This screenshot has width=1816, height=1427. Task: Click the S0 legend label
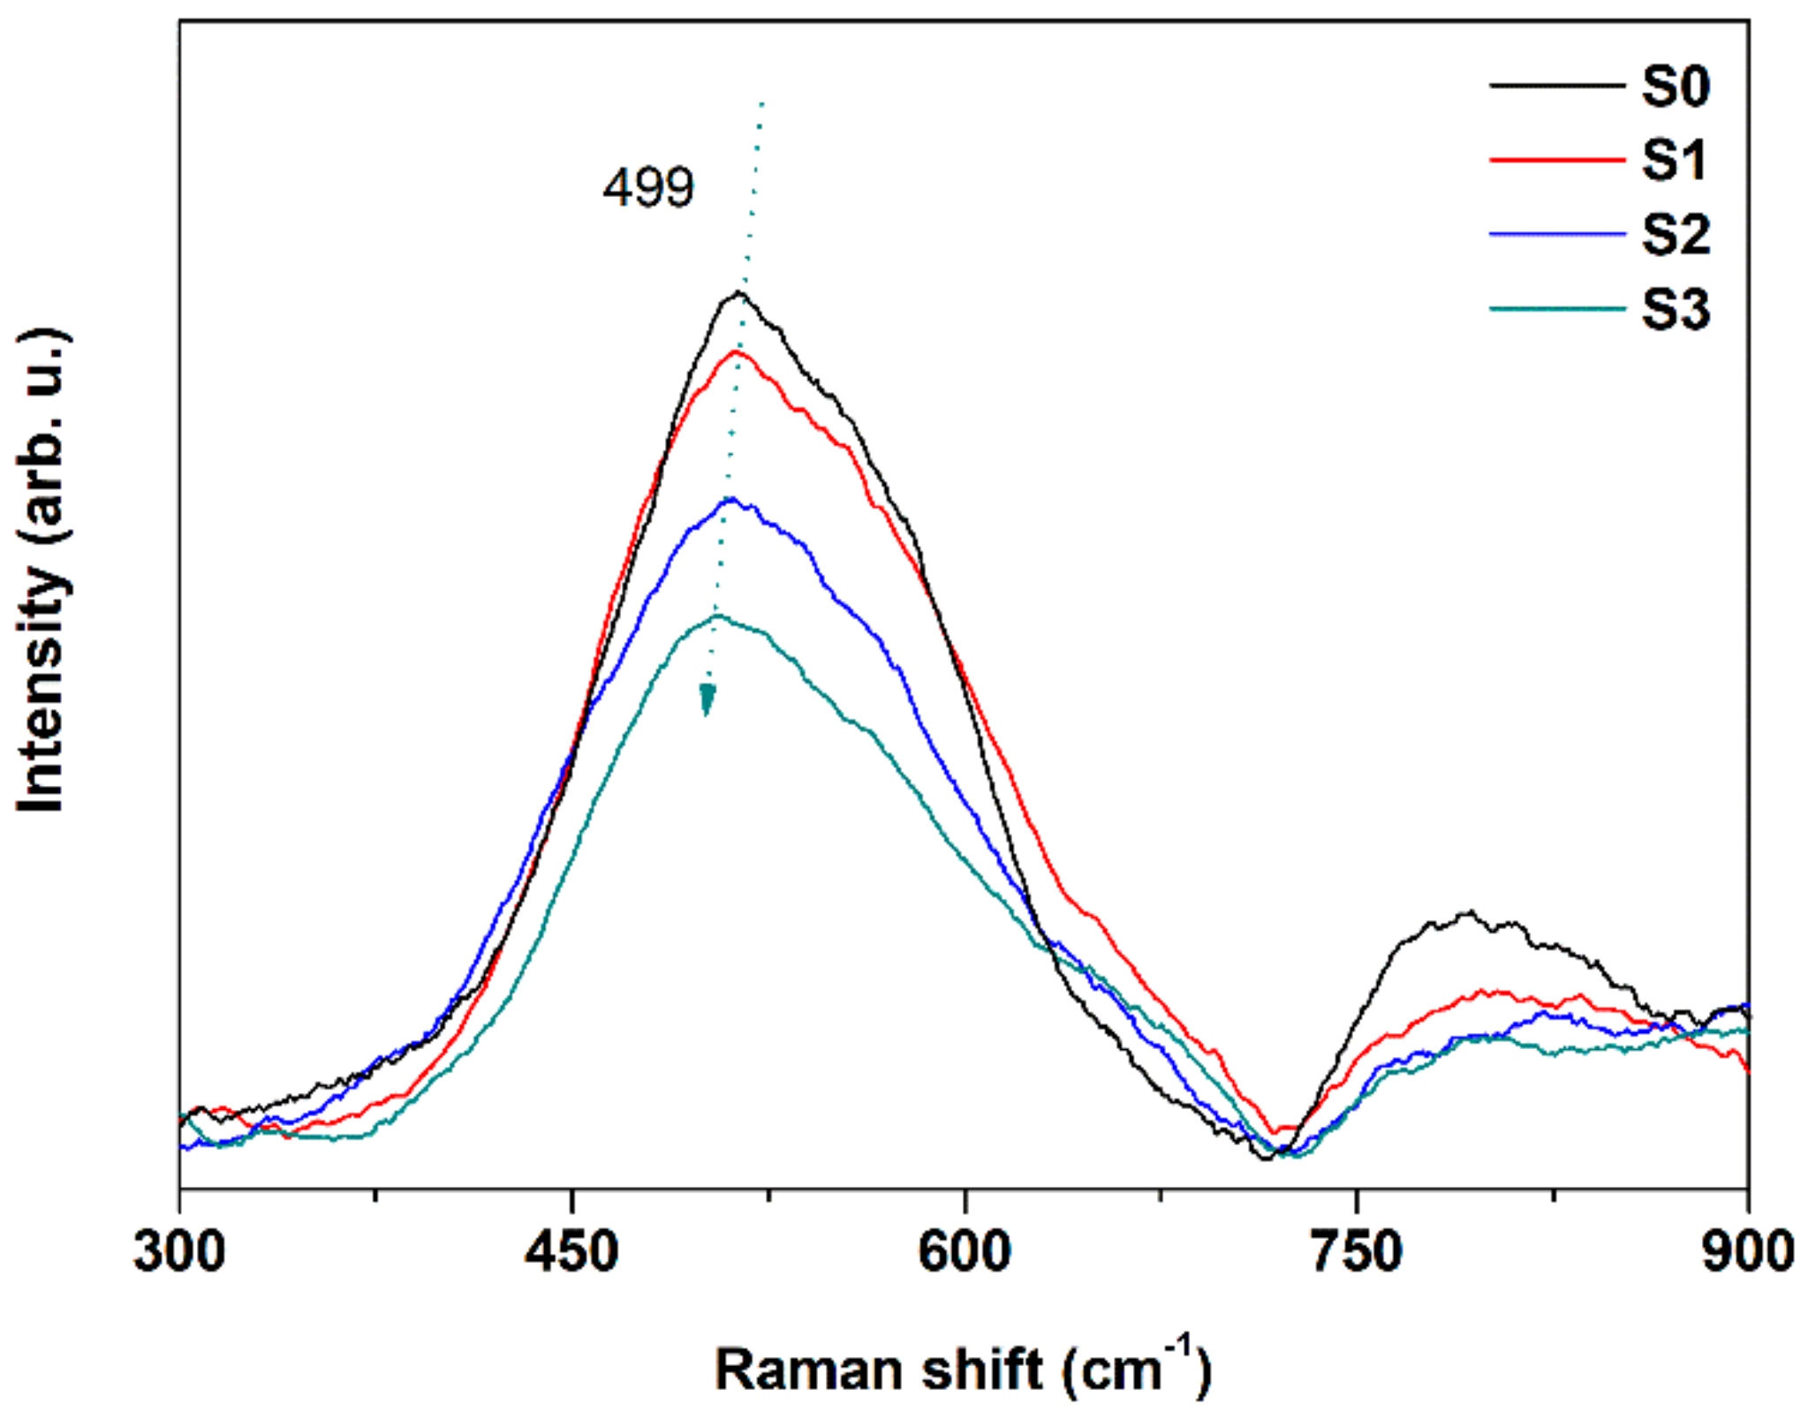pyautogui.click(x=1676, y=87)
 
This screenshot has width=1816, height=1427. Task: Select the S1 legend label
pyautogui.click(x=1674, y=161)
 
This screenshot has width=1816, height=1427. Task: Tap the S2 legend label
pyautogui.click(x=1676, y=235)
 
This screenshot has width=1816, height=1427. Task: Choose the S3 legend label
pyautogui.click(x=1676, y=310)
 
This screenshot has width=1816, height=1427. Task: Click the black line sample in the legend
pyautogui.click(x=1557, y=87)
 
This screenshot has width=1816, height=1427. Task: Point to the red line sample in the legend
pyautogui.click(x=1557, y=161)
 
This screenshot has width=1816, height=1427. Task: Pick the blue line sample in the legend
pyautogui.click(x=1557, y=234)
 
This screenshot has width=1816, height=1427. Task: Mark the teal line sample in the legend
pyautogui.click(x=1557, y=309)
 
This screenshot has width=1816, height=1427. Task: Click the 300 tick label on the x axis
pyautogui.click(x=179, y=1252)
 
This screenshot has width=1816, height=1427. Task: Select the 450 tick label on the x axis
pyautogui.click(x=571, y=1252)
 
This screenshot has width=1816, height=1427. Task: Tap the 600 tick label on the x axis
pyautogui.click(x=964, y=1252)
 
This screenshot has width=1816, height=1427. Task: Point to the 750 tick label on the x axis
pyautogui.click(x=1356, y=1252)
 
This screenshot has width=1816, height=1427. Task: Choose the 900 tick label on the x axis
pyautogui.click(x=1747, y=1252)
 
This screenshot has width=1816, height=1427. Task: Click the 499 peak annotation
pyautogui.click(x=648, y=187)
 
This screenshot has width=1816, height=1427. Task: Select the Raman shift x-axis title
pyautogui.click(x=963, y=1370)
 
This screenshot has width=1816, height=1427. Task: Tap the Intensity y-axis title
pyautogui.click(x=42, y=570)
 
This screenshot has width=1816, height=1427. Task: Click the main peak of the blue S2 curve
pyautogui.click(x=730, y=499)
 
